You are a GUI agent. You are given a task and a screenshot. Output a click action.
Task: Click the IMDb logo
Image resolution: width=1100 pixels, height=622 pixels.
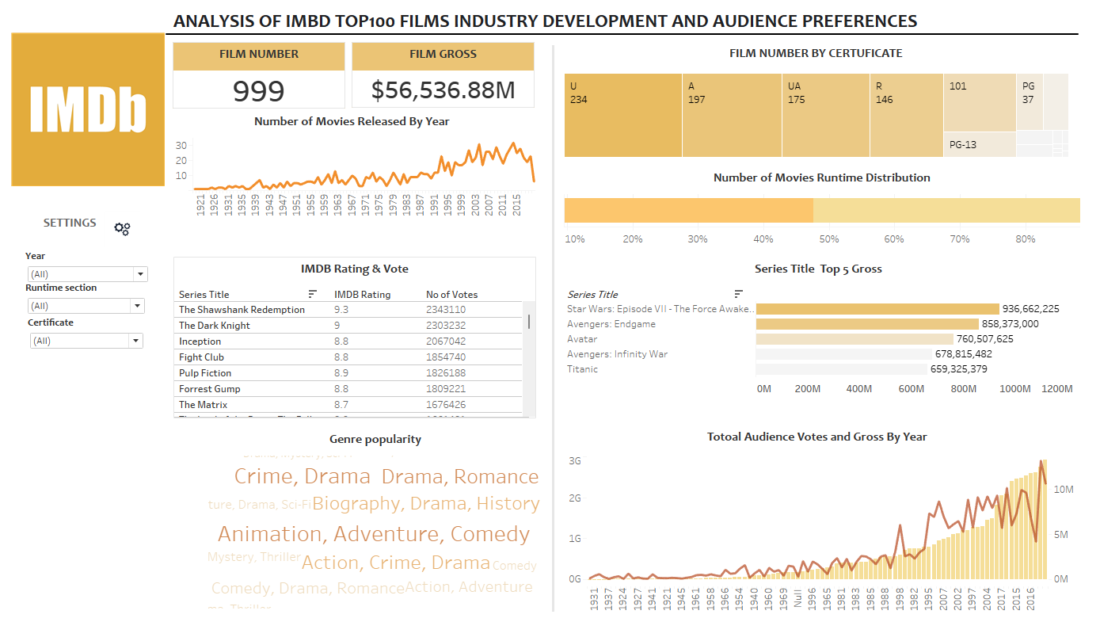(88, 109)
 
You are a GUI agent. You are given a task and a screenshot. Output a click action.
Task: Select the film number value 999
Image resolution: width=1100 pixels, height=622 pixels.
(258, 91)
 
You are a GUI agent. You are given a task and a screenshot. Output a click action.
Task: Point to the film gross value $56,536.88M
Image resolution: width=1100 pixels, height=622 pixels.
(443, 91)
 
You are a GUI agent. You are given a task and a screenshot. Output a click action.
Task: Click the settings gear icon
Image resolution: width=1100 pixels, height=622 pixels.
(122, 228)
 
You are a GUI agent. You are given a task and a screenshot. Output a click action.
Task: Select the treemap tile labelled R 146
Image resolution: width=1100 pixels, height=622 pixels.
(906, 115)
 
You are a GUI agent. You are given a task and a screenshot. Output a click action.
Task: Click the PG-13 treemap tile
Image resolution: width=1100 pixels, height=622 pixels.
(980, 144)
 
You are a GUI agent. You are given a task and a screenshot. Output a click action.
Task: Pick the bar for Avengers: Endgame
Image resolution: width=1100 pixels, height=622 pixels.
(867, 324)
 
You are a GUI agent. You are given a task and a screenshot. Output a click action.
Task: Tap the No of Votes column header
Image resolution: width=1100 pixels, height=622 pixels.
(451, 295)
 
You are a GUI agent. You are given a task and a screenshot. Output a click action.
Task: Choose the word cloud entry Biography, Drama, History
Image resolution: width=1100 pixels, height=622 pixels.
(426, 504)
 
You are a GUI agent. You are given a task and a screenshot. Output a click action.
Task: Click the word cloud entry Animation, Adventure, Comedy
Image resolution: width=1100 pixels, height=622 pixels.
(373, 534)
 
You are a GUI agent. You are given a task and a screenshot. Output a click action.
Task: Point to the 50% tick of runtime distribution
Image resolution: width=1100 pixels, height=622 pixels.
(828, 238)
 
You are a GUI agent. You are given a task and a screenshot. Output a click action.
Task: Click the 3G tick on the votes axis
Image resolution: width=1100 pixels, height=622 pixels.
(576, 461)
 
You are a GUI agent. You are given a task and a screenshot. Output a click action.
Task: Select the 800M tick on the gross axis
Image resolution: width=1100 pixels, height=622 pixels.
(963, 389)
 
